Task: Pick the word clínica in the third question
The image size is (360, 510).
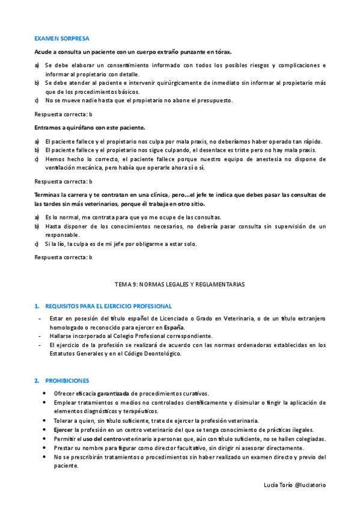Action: (x=154, y=195)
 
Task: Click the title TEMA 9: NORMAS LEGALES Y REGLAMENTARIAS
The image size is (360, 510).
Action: (x=180, y=283)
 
